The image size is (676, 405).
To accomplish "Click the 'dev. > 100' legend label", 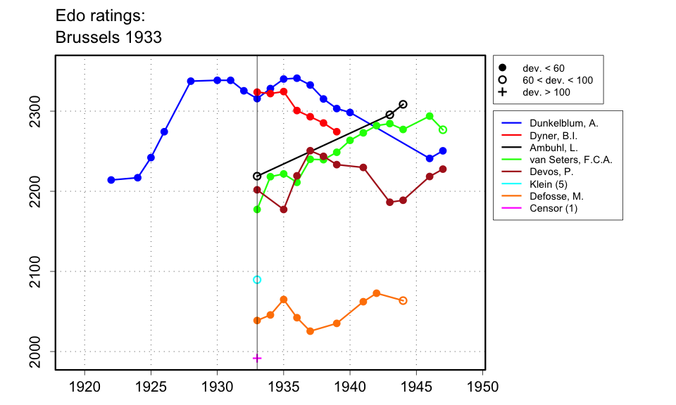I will click(x=546, y=92).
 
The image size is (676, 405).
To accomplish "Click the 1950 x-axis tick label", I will click(x=483, y=387).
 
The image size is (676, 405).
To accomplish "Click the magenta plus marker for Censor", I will click(x=257, y=358).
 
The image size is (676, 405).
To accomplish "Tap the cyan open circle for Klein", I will click(x=257, y=280).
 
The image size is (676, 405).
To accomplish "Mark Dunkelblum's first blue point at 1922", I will click(x=111, y=180).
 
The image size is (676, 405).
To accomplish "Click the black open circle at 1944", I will click(x=403, y=104).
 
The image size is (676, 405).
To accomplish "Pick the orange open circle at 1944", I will click(x=403, y=300).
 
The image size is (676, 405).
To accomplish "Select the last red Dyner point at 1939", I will click(x=337, y=131).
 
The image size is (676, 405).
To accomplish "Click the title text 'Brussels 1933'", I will click(x=108, y=37).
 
